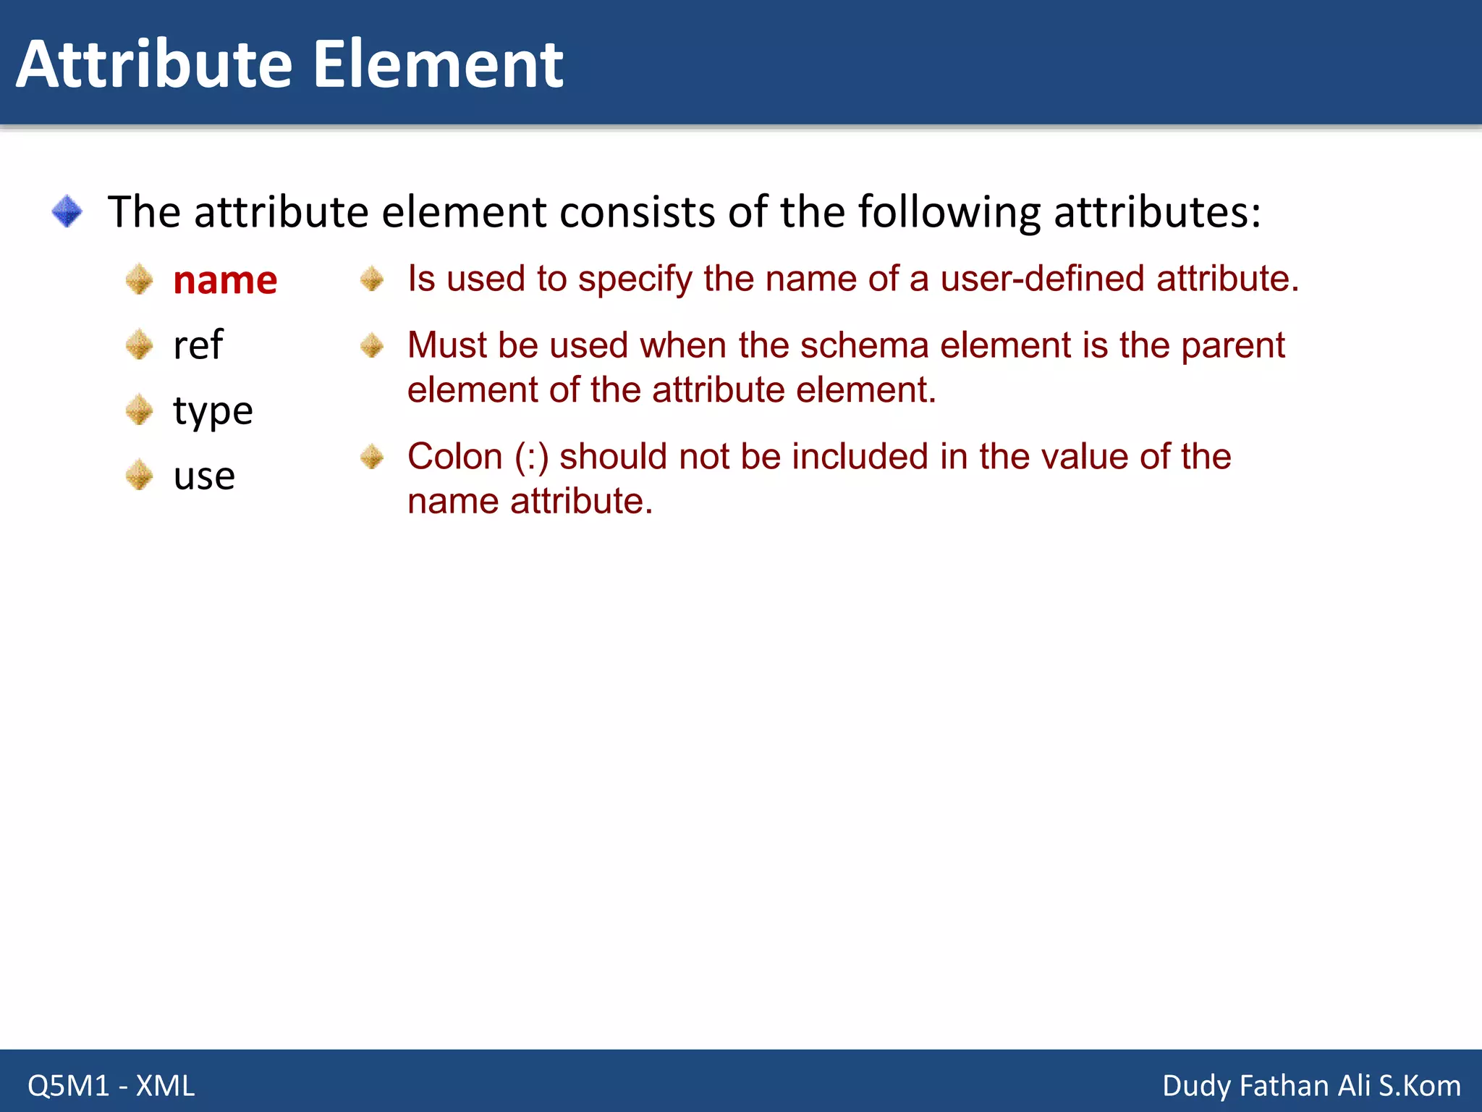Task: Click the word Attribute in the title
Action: click(153, 65)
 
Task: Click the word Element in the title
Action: click(438, 65)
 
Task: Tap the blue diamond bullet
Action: click(67, 211)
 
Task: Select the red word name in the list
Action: click(225, 281)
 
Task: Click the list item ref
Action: click(198, 345)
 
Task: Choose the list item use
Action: click(204, 476)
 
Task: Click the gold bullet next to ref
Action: click(139, 345)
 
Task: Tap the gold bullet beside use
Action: click(139, 476)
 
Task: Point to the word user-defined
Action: click(1042, 279)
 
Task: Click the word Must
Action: click(446, 345)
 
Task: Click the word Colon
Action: click(454, 457)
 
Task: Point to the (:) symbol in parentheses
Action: click(532, 458)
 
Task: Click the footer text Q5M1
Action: click(68, 1086)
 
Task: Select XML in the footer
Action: click(166, 1086)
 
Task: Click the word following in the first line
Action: click(949, 213)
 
